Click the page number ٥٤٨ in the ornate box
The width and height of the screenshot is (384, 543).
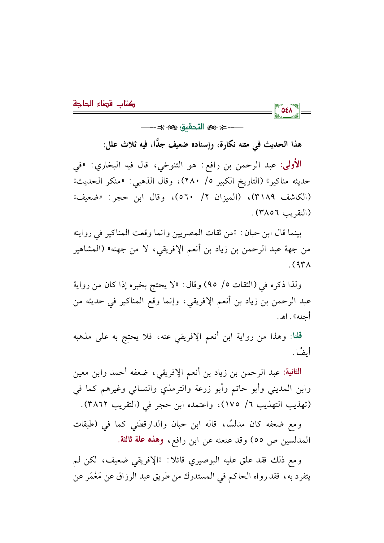(287, 111)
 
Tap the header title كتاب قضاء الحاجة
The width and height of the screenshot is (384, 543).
(104, 103)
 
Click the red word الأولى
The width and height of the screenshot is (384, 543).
(291, 164)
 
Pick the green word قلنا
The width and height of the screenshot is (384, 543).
(296, 336)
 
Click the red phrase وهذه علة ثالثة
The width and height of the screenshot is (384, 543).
(141, 440)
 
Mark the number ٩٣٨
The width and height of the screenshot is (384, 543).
(303, 265)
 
